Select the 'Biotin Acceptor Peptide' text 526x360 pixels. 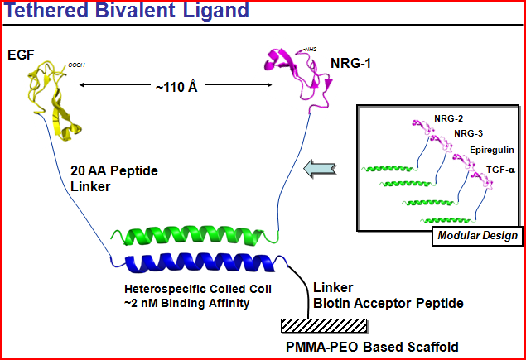coord(388,304)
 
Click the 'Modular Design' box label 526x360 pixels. coord(479,236)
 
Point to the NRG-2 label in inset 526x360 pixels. coord(448,118)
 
